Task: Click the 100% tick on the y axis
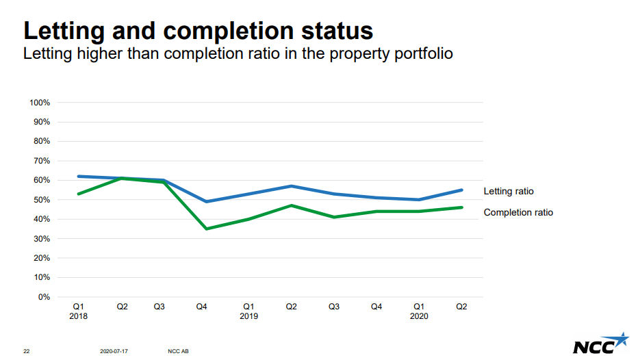tap(40, 103)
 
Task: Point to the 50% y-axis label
tap(41, 200)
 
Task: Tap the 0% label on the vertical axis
tap(44, 297)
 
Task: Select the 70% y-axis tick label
tap(41, 161)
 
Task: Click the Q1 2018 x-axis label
tap(79, 311)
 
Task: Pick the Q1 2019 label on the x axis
tap(248, 311)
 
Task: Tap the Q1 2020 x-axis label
tap(419, 311)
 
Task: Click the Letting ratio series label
tap(508, 192)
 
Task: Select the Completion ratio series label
tap(518, 213)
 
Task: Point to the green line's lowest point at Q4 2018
tap(206, 229)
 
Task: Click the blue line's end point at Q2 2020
tap(461, 190)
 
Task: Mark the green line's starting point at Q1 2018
tap(79, 194)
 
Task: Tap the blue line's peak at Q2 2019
tap(292, 186)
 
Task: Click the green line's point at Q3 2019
tap(334, 217)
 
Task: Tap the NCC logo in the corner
tap(600, 344)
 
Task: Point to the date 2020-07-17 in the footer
tap(114, 351)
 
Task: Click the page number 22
tap(27, 351)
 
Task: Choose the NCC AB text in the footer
tap(178, 351)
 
